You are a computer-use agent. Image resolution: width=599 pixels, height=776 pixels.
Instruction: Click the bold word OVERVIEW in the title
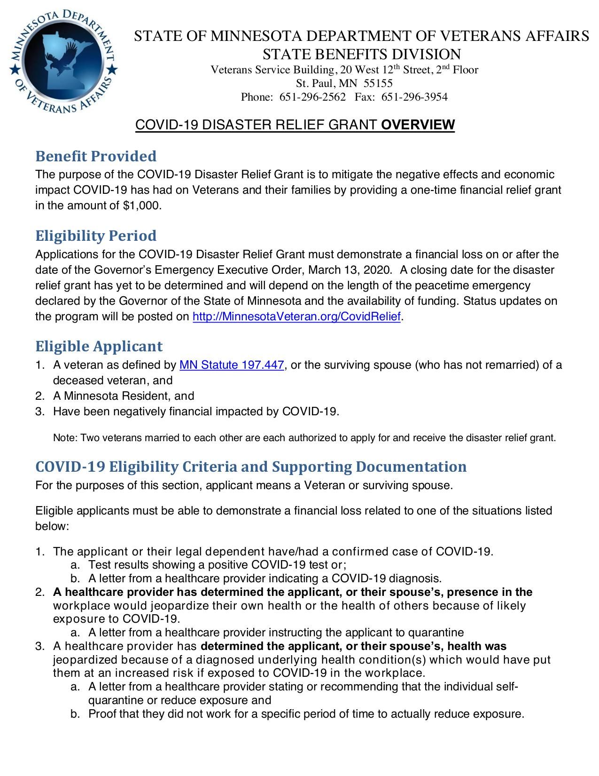click(418, 125)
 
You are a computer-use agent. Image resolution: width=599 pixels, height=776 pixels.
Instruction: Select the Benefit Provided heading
click(96, 156)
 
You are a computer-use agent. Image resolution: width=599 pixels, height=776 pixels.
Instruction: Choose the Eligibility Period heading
click(96, 236)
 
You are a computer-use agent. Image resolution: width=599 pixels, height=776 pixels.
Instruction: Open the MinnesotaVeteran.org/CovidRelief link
click(296, 317)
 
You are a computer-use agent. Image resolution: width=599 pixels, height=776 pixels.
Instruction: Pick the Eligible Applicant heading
click(99, 347)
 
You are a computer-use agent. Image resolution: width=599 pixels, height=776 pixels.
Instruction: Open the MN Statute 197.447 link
click(232, 365)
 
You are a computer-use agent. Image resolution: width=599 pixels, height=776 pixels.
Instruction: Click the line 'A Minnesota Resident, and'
click(124, 396)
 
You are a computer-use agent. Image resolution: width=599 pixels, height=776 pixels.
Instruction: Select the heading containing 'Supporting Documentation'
click(251, 467)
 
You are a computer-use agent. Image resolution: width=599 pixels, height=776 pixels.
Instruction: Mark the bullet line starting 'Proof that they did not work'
click(305, 714)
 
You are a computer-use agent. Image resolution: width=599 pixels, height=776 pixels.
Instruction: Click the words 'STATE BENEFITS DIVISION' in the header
click(361, 54)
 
